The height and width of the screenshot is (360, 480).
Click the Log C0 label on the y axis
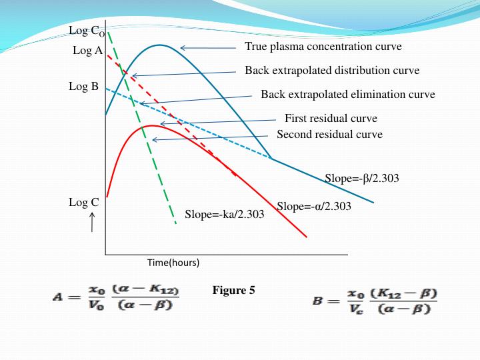(86, 31)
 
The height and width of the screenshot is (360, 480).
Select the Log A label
(87, 50)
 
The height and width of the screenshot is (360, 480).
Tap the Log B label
(83, 86)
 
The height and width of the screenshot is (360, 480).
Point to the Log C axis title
(83, 202)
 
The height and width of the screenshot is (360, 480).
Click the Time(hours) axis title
(173, 263)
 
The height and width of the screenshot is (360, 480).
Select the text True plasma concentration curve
(323, 47)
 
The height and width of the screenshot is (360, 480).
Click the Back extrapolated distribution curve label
(332, 70)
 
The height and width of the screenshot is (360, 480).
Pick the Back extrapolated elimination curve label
(347, 94)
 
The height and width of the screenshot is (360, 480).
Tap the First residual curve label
(331, 119)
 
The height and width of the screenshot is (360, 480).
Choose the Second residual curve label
(329, 134)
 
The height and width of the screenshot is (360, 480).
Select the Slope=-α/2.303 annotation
(314, 206)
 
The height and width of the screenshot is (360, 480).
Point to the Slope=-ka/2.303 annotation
(224, 214)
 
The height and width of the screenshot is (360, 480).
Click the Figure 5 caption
(233, 290)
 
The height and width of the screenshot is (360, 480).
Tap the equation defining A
(117, 298)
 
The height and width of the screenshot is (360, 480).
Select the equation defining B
(375, 301)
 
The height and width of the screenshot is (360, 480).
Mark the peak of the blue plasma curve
(160, 45)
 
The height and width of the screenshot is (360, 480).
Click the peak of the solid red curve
(152, 125)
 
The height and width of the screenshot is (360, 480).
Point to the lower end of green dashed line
(175, 223)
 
